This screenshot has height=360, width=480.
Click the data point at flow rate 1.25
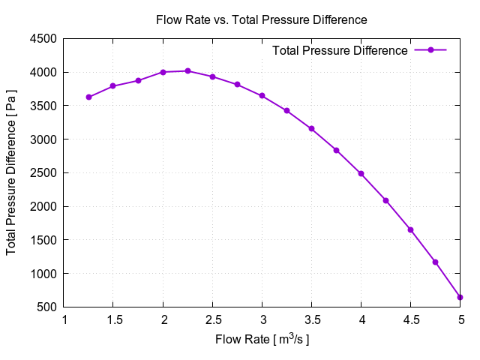(88, 97)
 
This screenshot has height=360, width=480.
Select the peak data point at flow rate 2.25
(187, 71)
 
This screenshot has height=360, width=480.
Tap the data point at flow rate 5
(460, 298)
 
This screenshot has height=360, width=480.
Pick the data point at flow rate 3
(262, 96)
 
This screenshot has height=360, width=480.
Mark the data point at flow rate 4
(361, 173)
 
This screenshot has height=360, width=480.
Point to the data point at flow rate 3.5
(311, 128)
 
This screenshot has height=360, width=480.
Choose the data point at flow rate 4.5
(410, 229)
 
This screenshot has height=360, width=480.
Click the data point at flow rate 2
(163, 72)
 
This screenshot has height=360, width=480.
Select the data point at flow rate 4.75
(435, 262)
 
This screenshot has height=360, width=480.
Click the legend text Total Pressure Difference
(340, 50)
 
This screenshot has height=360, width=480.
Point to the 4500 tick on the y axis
(44, 39)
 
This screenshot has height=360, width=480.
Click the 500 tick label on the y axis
(47, 307)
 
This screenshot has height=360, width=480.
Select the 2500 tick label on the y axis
(44, 173)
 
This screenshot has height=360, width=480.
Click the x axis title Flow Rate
(262, 340)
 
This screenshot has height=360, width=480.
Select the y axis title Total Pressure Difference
(12, 172)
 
